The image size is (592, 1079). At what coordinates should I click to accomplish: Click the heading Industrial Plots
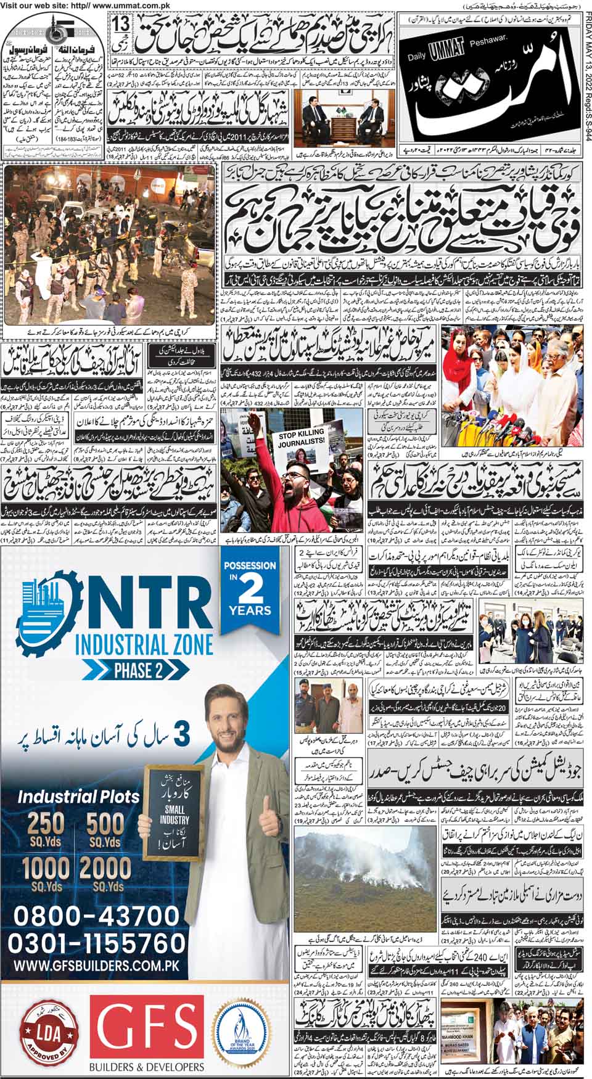(x=79, y=795)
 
